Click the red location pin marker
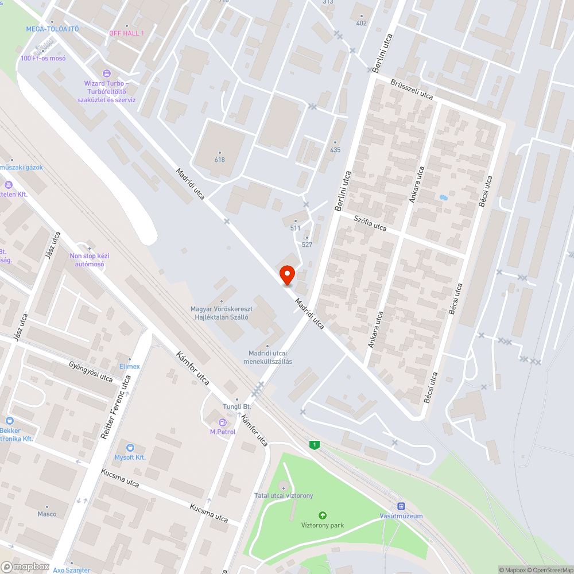(286, 275)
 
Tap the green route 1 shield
(314, 445)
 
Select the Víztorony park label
(323, 525)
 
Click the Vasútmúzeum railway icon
(401, 506)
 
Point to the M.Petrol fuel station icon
(223, 422)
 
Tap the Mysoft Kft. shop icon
(130, 448)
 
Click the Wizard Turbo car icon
(106, 73)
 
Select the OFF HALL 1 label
(126, 33)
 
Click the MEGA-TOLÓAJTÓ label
(52, 29)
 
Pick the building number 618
(219, 160)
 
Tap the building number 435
(335, 150)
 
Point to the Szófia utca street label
(370, 223)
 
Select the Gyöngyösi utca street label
(90, 371)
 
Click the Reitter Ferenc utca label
(115, 407)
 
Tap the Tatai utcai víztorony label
(284, 495)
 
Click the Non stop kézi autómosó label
(89, 260)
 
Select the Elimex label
(129, 366)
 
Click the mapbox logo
(25, 567)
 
